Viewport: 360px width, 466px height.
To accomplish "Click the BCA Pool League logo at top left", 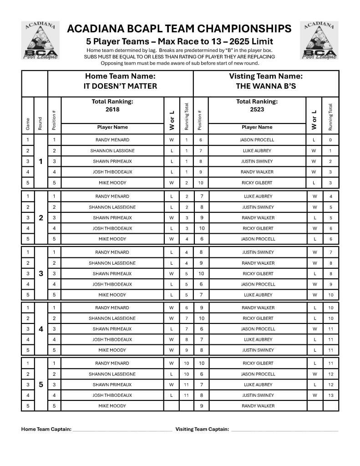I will pos(40,41).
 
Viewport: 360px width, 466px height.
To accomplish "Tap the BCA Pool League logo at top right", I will pos(319,41).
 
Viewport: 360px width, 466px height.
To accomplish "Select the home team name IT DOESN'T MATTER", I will pos(120,86).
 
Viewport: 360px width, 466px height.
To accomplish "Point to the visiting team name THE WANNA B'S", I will pos(266,86).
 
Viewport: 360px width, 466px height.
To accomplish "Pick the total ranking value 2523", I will pos(257,110).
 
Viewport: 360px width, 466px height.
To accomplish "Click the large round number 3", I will pos(41,273).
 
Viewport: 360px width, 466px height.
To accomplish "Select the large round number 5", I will pos(41,384).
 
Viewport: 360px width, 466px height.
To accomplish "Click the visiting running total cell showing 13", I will pos(331,395).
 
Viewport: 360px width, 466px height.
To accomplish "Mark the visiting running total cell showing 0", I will pos(331,140).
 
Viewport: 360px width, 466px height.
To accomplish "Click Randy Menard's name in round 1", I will pos(112,140).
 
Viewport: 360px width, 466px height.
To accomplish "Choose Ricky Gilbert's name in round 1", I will pos(257,183).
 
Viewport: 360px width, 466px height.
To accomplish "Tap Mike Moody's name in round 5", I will pos(112,406).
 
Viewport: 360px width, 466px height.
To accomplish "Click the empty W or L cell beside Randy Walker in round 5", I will pos(314,406).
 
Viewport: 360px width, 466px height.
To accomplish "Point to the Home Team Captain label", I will pos(46,429).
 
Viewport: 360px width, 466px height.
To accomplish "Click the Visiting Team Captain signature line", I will pos(284,430).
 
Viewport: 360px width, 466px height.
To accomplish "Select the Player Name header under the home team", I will pos(112,128).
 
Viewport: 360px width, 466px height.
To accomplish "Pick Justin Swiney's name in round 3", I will pos(257,252).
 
